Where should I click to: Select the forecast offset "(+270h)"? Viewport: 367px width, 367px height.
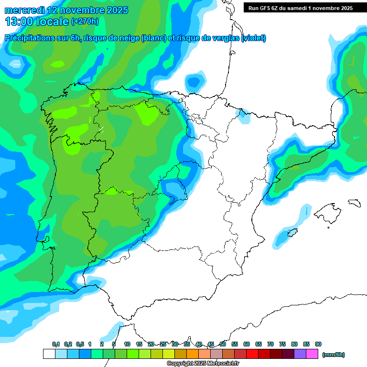pos(86,22)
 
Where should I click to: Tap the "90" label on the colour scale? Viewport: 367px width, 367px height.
pos(318,345)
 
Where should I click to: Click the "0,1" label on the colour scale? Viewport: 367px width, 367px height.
pos(56,345)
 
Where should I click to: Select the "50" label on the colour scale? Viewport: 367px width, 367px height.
pos(223,345)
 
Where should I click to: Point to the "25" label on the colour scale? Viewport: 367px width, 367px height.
pos(163,345)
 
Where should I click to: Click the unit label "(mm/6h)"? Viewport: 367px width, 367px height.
pos(334,355)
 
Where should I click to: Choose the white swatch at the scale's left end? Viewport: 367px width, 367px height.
pos(49,354)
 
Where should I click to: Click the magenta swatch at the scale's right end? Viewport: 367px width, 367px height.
pos(312,354)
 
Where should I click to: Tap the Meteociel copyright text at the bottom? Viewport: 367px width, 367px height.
pos(203,364)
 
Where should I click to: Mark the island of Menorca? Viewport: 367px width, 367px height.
pos(354,203)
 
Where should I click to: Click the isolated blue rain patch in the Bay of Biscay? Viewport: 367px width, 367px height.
pos(194,81)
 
